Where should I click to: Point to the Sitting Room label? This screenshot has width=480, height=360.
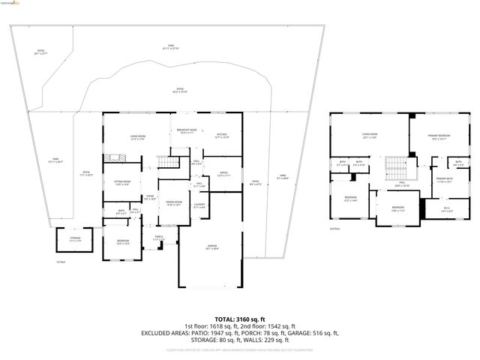click(121, 183)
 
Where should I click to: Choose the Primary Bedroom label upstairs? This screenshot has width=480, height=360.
click(438, 137)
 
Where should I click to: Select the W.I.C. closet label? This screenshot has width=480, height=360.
click(446, 210)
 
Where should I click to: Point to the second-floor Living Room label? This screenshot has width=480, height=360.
click(370, 136)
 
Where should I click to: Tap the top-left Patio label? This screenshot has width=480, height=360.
click(40, 52)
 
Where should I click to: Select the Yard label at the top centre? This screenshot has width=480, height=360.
click(170, 47)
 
